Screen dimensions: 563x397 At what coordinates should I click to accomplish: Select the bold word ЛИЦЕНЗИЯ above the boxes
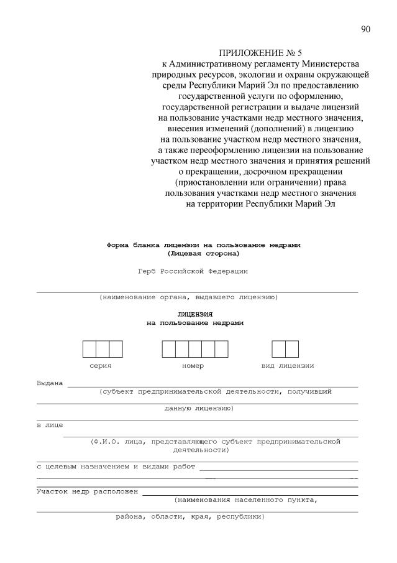tap(195, 314)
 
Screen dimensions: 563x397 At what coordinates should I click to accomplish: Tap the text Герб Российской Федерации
tap(193, 271)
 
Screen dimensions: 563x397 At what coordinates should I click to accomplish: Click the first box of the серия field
tap(89, 349)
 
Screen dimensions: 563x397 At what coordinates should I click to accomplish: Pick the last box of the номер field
tap(221, 349)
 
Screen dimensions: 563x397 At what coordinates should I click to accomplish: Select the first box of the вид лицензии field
tap(278, 349)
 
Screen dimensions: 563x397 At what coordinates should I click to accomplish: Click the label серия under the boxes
tap(100, 366)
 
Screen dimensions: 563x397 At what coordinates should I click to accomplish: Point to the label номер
tap(193, 366)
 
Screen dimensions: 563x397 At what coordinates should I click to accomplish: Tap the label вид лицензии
tap(287, 366)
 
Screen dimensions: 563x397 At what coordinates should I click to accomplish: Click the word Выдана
tap(50, 383)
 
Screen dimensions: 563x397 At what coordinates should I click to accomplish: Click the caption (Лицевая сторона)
tap(203, 253)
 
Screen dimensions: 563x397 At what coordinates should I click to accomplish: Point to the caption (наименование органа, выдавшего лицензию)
tap(188, 297)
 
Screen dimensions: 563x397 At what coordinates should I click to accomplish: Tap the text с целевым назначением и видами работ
tap(116, 466)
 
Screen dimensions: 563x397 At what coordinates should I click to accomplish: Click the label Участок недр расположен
tap(87, 491)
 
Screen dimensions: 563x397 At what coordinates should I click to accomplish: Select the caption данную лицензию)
tap(199, 409)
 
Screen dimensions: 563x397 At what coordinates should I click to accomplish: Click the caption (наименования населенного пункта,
tap(246, 500)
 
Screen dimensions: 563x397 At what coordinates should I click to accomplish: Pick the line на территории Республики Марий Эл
tap(260, 203)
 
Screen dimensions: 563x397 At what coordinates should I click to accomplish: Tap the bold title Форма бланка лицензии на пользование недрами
tap(203, 245)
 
